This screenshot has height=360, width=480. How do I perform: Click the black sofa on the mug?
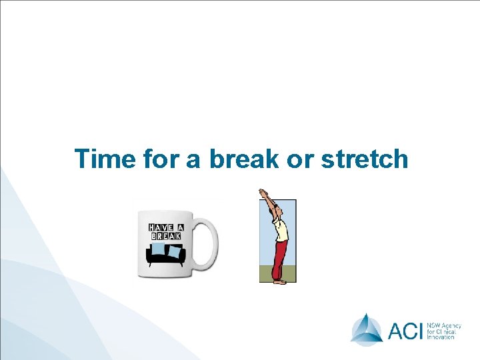[167, 257]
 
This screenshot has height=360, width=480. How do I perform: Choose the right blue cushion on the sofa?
[175, 251]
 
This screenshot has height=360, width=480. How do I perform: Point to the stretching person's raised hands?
[263, 193]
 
